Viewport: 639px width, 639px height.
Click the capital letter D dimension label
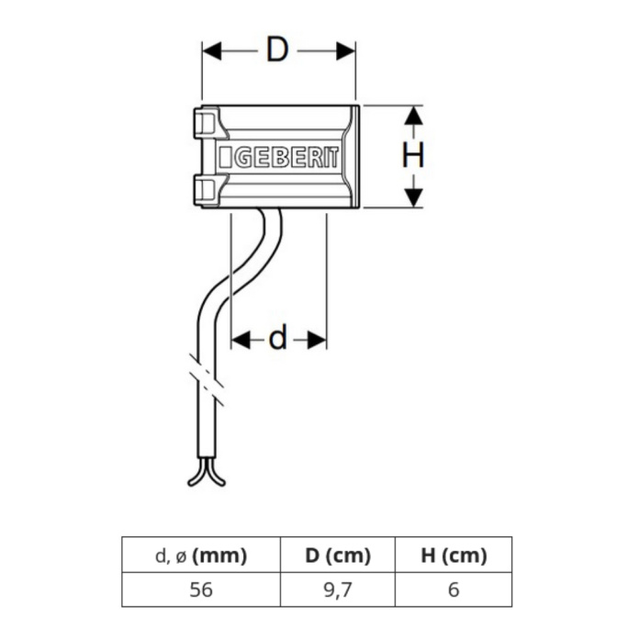[277, 50]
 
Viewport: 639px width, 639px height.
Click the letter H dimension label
[413, 155]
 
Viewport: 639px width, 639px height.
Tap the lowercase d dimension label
[277, 337]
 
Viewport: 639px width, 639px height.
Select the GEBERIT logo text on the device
[279, 157]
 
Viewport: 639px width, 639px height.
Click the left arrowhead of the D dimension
[212, 50]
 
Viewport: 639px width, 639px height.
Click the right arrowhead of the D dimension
[346, 50]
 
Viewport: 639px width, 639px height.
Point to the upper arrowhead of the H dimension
[414, 116]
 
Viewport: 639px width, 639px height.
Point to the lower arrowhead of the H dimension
[414, 198]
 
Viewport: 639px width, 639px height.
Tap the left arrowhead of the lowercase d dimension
[241, 340]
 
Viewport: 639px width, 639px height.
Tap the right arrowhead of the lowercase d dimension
[317, 340]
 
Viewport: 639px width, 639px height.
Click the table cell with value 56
[201, 589]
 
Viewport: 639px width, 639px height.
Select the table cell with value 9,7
[338, 589]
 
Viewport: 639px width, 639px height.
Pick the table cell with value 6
[454, 589]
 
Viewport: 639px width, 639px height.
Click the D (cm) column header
[338, 555]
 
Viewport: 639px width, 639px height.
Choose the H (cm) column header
[454, 555]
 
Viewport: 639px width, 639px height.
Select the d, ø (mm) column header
[201, 555]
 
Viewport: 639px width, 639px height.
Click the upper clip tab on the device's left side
[207, 122]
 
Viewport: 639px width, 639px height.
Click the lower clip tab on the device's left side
[207, 190]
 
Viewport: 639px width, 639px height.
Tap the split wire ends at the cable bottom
[207, 473]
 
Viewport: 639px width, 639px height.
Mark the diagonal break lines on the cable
[207, 380]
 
